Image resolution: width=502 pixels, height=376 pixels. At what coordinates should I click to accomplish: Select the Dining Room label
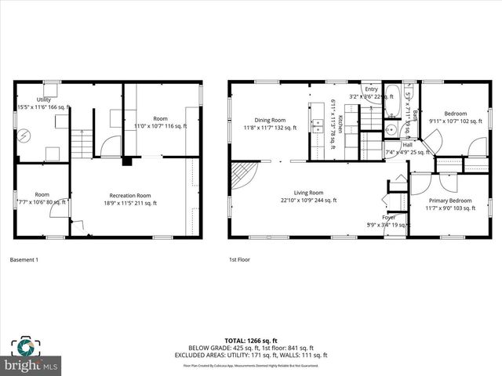click(270, 120)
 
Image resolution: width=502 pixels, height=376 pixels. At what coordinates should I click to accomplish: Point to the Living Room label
click(308, 193)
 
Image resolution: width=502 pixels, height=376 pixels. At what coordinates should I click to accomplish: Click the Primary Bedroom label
click(450, 201)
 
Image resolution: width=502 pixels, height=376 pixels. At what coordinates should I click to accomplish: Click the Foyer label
click(389, 217)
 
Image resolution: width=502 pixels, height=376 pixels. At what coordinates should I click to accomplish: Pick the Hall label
click(408, 145)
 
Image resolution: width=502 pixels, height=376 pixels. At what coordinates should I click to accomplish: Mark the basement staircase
click(82, 144)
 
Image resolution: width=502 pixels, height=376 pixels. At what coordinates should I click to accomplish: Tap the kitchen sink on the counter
click(318, 123)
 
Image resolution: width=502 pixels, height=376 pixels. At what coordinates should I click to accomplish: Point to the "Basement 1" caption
click(25, 259)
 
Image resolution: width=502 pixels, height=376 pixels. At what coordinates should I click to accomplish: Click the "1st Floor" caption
click(240, 259)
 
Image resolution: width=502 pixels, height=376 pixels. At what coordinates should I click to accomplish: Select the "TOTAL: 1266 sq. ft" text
click(251, 341)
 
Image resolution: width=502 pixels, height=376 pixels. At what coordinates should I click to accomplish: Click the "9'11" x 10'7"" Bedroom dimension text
click(453, 121)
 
